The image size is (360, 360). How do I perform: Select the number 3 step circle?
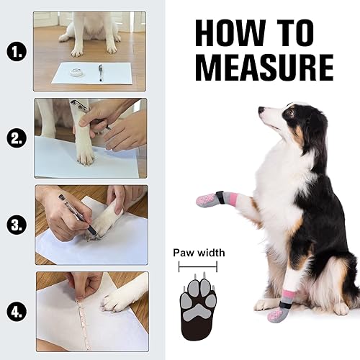pos(14,224)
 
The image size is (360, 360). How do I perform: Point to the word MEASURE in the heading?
pos(265,67)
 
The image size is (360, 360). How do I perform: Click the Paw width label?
pos(198,253)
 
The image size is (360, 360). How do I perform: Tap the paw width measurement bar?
pos(198,266)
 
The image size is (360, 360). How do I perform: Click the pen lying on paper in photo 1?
pos(100,71)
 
